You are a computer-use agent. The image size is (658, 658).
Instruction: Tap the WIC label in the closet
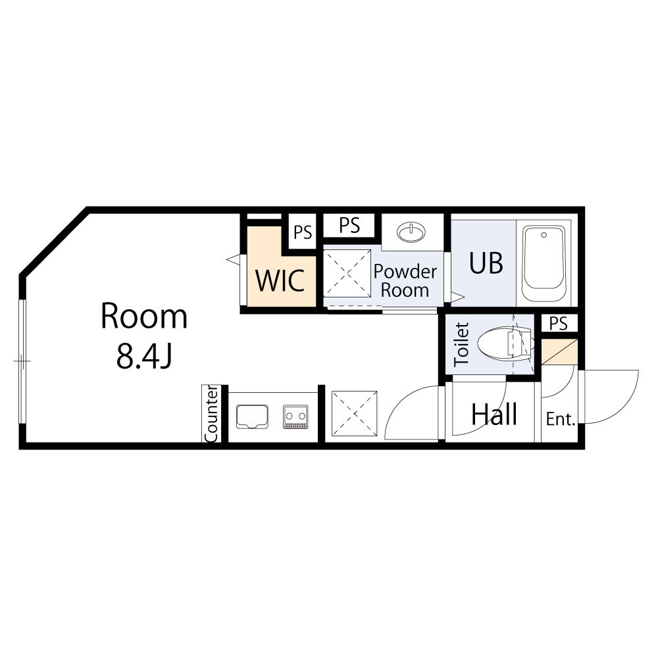pyautogui.click(x=280, y=280)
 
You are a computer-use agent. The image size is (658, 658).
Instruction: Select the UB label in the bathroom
pyautogui.click(x=486, y=263)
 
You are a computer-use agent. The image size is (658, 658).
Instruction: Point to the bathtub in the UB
pyautogui.click(x=544, y=263)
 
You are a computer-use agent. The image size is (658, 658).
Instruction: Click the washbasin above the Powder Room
pyautogui.click(x=411, y=232)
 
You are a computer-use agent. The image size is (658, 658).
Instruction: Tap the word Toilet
pyautogui.click(x=462, y=343)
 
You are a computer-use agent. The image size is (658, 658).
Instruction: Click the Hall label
pyautogui.click(x=494, y=415)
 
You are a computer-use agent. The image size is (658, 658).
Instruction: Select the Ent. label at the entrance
pyautogui.click(x=560, y=419)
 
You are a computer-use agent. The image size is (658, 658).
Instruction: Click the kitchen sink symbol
pyautogui.click(x=252, y=417)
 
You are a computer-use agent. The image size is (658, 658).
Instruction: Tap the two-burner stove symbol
pyautogui.click(x=295, y=417)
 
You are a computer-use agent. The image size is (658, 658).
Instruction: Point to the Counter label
pyautogui.click(x=211, y=414)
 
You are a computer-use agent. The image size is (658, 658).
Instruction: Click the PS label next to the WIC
pyautogui.click(x=303, y=232)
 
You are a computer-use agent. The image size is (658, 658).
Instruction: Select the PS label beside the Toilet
pyautogui.click(x=559, y=324)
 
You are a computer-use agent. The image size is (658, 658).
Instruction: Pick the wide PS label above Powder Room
pyautogui.click(x=349, y=226)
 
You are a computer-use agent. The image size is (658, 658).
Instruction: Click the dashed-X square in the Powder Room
pyautogui.click(x=347, y=274)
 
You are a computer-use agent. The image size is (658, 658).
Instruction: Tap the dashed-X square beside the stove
pyautogui.click(x=355, y=414)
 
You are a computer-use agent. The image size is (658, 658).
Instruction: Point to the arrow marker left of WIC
pyautogui.click(x=234, y=260)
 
